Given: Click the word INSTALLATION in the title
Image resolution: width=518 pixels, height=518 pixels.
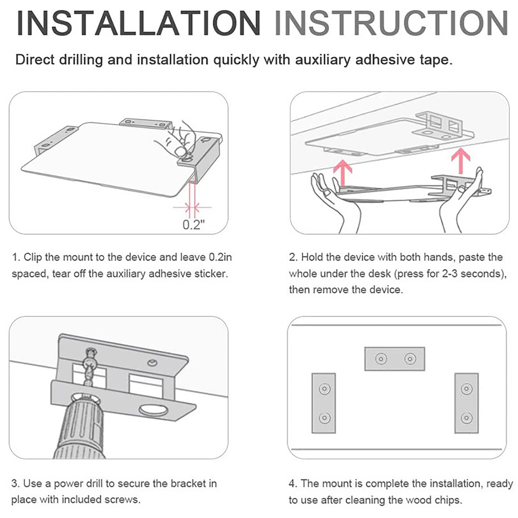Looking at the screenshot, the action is [139, 23].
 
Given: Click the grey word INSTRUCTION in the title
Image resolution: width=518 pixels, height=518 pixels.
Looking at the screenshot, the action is [391, 23].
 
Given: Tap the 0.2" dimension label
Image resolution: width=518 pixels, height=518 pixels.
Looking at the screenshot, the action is [194, 224].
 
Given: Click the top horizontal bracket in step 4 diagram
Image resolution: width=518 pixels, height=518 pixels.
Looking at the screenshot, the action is [395, 359].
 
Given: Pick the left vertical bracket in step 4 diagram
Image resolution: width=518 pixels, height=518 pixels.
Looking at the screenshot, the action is [324, 403].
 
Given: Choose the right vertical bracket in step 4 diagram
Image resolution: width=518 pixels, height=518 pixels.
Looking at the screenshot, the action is [467, 403].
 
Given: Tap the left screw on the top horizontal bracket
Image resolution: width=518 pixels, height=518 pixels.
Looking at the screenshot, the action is [381, 359].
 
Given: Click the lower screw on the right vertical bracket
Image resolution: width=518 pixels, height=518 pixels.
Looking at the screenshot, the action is [467, 418].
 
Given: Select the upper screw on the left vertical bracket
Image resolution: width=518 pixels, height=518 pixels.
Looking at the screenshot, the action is [324, 388].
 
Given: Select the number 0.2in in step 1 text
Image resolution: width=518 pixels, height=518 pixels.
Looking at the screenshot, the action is [220, 257].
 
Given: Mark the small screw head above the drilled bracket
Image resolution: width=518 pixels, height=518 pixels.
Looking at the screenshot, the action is [152, 362].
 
